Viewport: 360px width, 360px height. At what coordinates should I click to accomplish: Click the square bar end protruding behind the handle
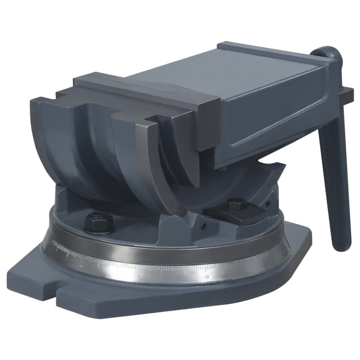[348, 93]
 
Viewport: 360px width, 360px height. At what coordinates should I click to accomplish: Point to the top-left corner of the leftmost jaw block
[33, 100]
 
